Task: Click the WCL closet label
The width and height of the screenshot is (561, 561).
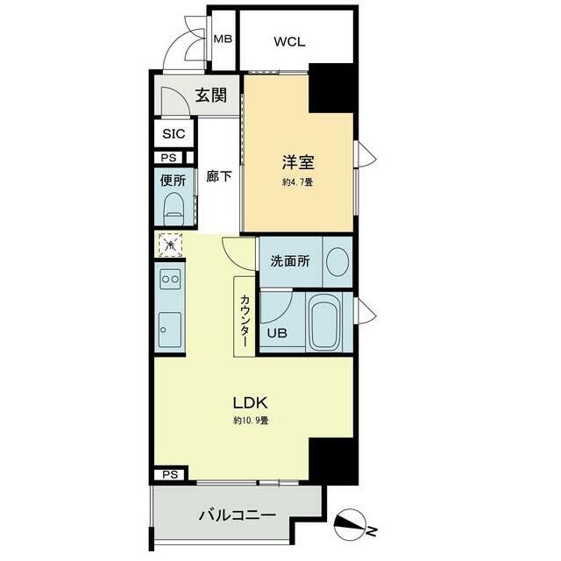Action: (x=289, y=42)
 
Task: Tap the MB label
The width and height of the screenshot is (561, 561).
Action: (x=223, y=39)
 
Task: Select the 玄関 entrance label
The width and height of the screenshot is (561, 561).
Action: (x=211, y=96)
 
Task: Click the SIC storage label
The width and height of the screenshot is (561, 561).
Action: (x=174, y=134)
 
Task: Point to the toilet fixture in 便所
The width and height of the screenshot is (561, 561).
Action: (x=174, y=209)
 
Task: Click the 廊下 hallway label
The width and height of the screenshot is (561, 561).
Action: (x=218, y=176)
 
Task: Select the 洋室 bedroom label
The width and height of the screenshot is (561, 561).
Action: (x=298, y=162)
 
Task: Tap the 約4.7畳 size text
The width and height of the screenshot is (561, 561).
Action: (x=298, y=182)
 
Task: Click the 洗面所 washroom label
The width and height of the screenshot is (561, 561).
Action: (x=290, y=261)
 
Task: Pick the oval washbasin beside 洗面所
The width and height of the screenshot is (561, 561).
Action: (x=337, y=262)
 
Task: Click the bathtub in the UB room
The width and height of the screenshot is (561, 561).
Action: (x=324, y=323)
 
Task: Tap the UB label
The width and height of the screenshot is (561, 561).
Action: (x=277, y=333)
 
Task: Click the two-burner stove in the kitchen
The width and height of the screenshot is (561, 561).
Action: (x=170, y=279)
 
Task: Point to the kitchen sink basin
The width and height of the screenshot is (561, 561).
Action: (x=169, y=330)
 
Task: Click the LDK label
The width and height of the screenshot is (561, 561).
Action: (x=250, y=403)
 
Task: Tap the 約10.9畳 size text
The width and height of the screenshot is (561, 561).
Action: (x=251, y=421)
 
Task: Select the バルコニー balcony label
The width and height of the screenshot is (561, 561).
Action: (x=238, y=515)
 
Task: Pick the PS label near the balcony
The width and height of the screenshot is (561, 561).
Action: (x=170, y=475)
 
